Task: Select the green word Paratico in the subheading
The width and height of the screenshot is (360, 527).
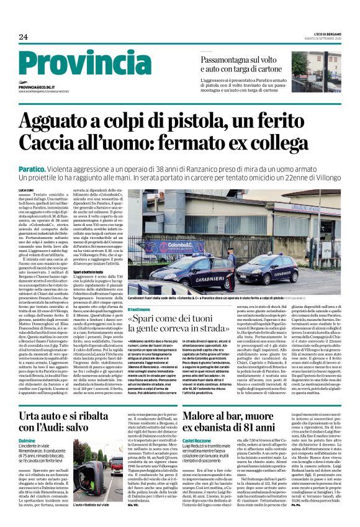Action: pyautogui.click(x=34, y=169)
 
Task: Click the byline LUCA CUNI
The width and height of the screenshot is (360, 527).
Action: pyautogui.click(x=26, y=190)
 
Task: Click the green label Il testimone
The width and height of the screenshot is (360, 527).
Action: pyautogui.click(x=138, y=309)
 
